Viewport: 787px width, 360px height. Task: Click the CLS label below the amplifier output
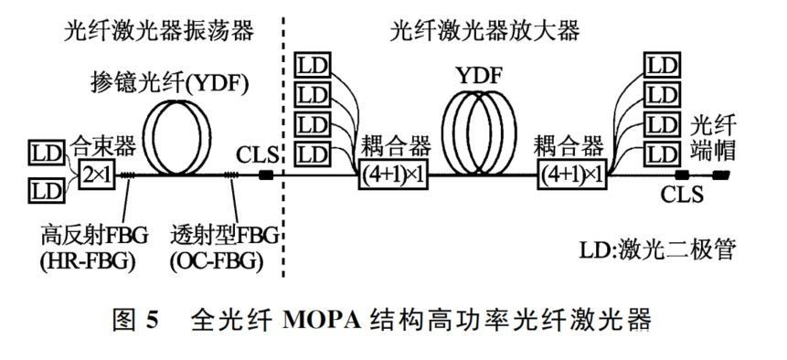682,196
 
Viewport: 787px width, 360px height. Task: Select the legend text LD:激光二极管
659,248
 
